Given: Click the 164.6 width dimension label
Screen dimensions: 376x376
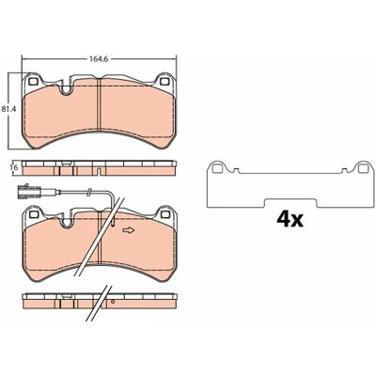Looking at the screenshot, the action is click(99, 59).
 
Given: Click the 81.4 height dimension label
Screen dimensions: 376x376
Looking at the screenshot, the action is click(7, 110).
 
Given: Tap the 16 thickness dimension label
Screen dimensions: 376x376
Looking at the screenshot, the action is click(13, 167).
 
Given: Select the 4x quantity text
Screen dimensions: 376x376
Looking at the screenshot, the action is click(290, 220).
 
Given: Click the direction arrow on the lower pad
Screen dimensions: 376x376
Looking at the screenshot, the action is click(128, 230).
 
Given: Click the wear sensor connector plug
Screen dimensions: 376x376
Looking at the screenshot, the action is click(29, 191).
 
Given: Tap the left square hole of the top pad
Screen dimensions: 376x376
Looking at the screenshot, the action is click(33, 81).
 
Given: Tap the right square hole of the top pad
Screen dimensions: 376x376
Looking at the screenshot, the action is click(164, 82).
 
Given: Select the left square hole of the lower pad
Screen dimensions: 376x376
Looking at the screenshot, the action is click(33, 214).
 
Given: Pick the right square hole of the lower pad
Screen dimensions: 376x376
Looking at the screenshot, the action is click(164, 214).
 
